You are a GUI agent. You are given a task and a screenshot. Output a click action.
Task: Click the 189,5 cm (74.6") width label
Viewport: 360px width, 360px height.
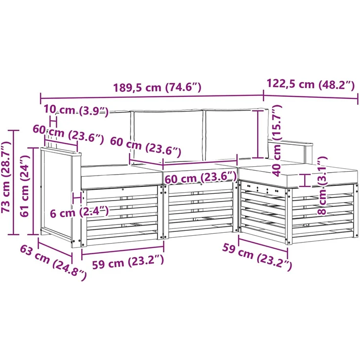(x=157, y=88)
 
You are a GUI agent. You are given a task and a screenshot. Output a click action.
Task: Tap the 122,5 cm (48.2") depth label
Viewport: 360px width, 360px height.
(x=311, y=85)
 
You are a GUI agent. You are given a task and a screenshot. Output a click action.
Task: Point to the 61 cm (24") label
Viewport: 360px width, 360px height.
(x=24, y=186)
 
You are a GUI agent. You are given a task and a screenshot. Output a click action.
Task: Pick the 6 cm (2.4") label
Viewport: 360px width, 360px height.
(x=79, y=212)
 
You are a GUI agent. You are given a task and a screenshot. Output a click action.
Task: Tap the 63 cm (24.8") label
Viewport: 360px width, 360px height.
(x=53, y=263)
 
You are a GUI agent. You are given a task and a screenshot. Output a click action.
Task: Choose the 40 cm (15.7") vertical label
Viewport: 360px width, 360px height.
(x=277, y=140)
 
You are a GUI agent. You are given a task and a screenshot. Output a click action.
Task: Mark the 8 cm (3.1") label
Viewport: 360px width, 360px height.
(x=322, y=185)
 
